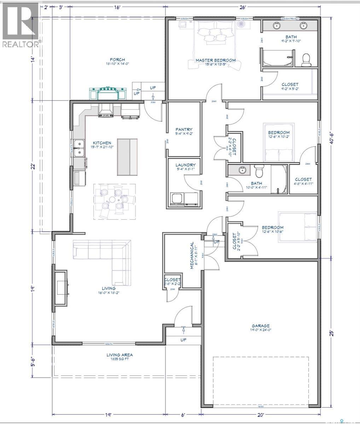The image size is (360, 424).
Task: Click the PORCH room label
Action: (117, 60)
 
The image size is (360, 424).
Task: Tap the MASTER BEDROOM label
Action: (215, 60)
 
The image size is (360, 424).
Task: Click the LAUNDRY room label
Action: (184, 165)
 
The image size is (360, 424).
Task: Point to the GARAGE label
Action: (261, 326)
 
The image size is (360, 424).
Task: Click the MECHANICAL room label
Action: (192, 255)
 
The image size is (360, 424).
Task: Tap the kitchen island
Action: (127, 157)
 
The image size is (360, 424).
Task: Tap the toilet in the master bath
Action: (306, 60)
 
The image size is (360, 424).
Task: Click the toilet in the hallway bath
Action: (259, 171)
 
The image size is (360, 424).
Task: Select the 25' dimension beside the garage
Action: (331, 333)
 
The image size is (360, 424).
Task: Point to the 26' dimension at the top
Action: (243, 7)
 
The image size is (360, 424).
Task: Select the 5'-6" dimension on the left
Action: (33, 361)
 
